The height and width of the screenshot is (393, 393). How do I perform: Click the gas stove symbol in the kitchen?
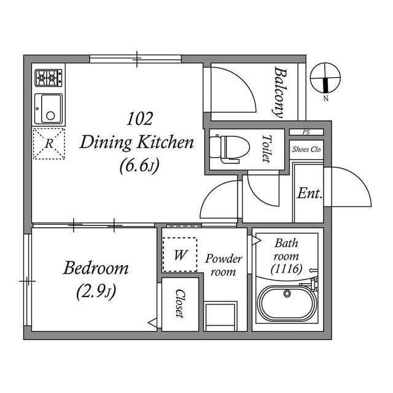click(49, 77)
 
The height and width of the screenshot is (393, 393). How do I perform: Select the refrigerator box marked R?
click(49, 144)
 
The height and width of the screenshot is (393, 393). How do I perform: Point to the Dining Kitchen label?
click(137, 143)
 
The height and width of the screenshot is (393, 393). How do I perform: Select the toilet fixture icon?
click(226, 147)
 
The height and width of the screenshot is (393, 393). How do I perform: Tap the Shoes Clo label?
click(306, 149)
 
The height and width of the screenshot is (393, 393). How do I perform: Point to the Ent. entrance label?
click(310, 193)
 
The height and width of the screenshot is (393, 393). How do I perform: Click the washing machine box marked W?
click(180, 254)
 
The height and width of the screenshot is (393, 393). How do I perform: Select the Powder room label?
click(224, 265)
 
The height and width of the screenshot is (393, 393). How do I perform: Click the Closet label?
click(180, 303)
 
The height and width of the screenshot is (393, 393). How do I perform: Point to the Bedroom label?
click(96, 268)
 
